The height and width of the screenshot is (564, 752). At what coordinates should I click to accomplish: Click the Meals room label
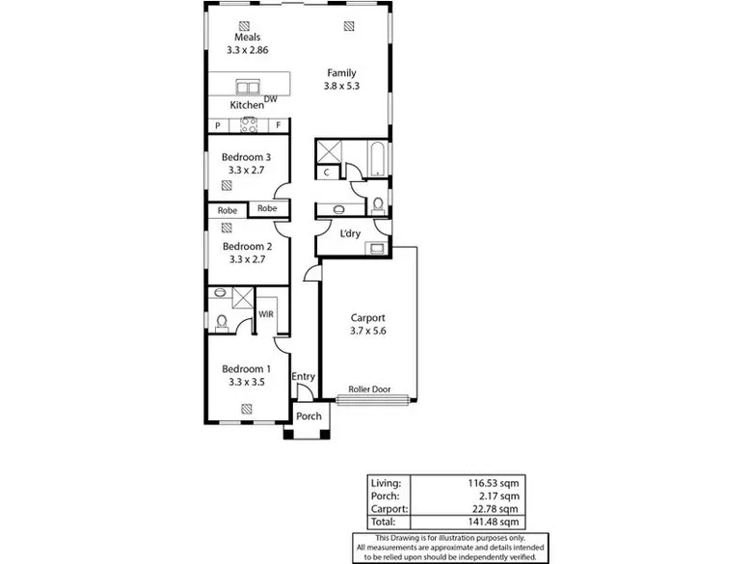pyautogui.click(x=248, y=37)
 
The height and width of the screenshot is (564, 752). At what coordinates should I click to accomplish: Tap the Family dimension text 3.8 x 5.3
pyautogui.click(x=341, y=86)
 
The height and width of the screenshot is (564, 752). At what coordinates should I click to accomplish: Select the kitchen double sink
pyautogui.click(x=248, y=88)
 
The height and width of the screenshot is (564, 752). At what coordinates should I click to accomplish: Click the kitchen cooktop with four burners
pyautogui.click(x=249, y=125)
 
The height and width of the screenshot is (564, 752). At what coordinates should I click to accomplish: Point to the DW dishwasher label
pyautogui.click(x=271, y=99)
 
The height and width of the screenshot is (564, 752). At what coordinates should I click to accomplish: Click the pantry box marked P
pyautogui.click(x=218, y=125)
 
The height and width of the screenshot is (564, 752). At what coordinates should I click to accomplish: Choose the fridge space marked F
pyautogui.click(x=279, y=125)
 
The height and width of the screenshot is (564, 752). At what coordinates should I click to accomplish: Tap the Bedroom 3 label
pyautogui.click(x=246, y=157)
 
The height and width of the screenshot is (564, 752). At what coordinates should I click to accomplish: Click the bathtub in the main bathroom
pyautogui.click(x=377, y=159)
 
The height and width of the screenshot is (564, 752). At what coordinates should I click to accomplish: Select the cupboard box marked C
pyautogui.click(x=327, y=173)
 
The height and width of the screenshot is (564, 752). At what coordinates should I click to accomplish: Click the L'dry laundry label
pyautogui.click(x=350, y=233)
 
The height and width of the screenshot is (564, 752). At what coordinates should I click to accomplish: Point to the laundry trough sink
pyautogui.click(x=376, y=249)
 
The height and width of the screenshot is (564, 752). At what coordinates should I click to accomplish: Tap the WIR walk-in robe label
pyautogui.click(x=266, y=314)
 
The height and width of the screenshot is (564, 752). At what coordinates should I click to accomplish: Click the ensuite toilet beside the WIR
pyautogui.click(x=222, y=322)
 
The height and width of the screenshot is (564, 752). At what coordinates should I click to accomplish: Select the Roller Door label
pyautogui.click(x=369, y=389)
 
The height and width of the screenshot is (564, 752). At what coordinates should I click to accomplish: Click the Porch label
pyautogui.click(x=309, y=416)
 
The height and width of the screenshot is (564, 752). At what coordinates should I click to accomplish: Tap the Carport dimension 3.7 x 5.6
pyautogui.click(x=368, y=331)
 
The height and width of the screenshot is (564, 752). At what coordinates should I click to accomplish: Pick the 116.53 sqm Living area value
pyautogui.click(x=494, y=483)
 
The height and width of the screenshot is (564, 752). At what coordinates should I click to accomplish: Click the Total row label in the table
pyautogui.click(x=383, y=522)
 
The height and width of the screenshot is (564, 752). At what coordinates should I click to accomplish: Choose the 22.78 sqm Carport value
pyautogui.click(x=495, y=509)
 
